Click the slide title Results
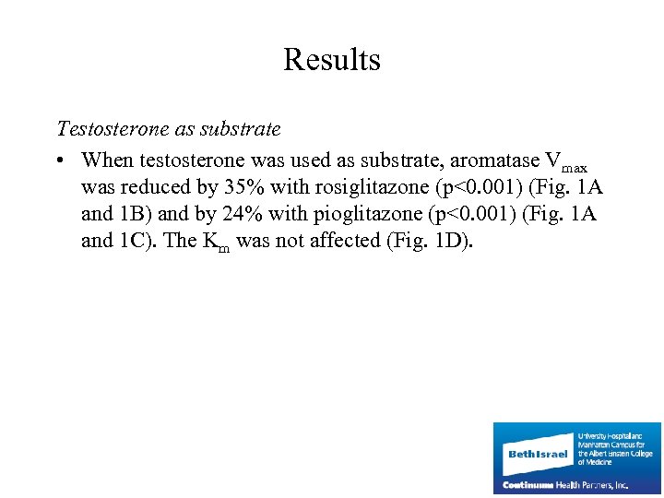coord(331,60)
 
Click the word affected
coord(341,241)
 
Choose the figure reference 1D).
coord(451,241)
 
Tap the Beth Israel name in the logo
coord(538,454)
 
